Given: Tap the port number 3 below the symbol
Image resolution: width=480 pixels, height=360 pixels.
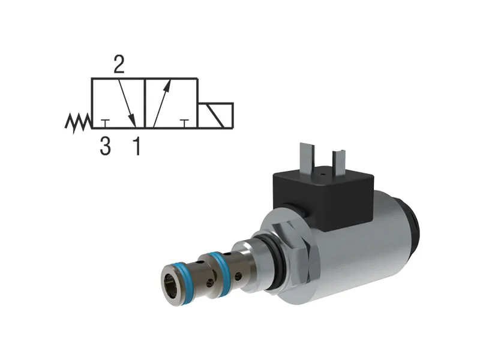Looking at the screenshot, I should pos(105,146).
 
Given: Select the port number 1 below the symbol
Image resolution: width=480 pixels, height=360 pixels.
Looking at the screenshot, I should pos(137,146).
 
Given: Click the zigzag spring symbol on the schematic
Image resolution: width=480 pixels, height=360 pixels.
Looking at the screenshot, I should pos(77,122).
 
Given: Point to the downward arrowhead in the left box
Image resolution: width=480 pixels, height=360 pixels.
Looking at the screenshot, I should pos(134,122).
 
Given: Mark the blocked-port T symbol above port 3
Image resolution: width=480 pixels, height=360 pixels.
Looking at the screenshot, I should pos(105,123).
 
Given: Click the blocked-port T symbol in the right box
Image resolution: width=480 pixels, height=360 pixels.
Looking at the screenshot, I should pos(184,123).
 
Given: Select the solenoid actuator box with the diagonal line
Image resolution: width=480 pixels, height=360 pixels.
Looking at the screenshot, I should pos(215,116).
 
